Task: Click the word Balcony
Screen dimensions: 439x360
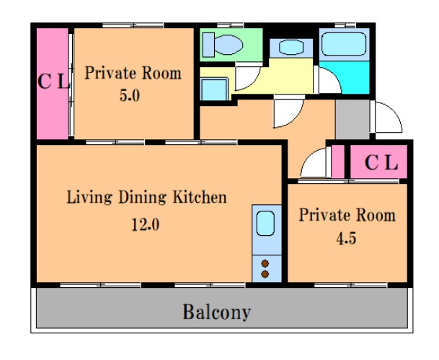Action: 216,312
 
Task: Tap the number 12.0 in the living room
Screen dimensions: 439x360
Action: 146,224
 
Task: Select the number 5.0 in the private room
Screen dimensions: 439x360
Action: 130,95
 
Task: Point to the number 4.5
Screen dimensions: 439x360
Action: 346,239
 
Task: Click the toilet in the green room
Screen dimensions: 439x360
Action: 223,45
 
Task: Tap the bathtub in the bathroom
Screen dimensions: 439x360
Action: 344,44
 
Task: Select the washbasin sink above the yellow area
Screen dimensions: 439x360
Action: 291,47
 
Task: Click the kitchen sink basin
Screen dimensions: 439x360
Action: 265,223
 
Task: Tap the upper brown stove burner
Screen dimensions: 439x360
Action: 265,263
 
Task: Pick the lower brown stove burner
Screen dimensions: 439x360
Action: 265,274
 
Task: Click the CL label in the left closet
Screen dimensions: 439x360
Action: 53,82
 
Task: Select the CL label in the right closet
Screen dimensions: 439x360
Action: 381,162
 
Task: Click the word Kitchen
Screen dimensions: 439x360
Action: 200,197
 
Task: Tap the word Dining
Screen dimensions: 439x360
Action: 142,198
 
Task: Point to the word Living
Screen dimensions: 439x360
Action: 89,198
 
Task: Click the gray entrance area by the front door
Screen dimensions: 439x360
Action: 352,119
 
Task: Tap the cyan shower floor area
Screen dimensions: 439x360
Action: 344,77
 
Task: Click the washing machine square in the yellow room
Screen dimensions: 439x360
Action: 214,89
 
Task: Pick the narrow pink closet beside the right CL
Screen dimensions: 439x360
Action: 338,162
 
